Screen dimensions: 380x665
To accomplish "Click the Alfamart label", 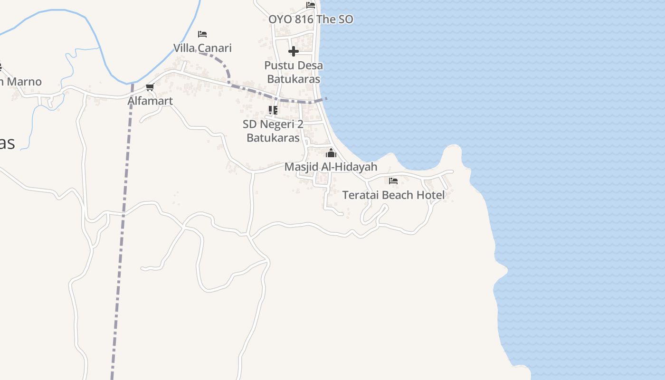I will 150,101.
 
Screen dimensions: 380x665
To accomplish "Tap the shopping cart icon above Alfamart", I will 150,87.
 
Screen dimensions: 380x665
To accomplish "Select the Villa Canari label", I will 202,48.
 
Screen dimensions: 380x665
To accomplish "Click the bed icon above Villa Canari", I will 202,34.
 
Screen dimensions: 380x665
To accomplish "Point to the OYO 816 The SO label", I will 311,19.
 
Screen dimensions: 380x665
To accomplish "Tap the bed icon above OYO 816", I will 311,5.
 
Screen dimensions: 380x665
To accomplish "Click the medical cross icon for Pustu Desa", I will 294,51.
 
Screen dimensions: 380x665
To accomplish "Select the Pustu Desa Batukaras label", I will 294,72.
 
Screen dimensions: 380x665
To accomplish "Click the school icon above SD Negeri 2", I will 273,110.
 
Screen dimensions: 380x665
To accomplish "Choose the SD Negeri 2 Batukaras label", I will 273,131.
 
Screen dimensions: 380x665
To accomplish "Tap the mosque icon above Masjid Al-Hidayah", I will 331,153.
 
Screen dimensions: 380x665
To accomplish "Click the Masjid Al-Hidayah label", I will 331,167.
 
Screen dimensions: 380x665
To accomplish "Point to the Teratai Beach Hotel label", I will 393,195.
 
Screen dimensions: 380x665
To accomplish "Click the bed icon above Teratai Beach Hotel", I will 393,181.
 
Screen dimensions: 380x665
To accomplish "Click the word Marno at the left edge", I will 24,82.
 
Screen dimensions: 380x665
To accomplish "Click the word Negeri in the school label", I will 278,124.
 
